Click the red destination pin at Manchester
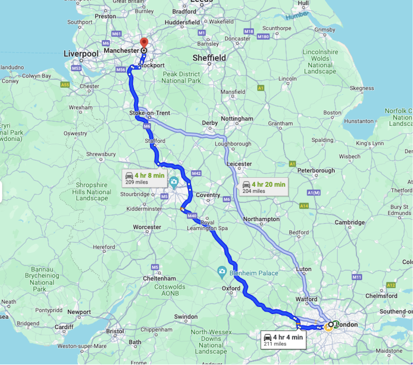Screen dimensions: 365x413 (144, 43)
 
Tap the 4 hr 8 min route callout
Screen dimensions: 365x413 (144, 178)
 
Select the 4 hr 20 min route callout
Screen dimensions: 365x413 (264, 187)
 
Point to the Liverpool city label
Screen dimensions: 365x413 (81, 54)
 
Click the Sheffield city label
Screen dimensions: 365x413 (209, 58)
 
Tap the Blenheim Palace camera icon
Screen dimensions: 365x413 (221, 271)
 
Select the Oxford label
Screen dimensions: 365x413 (231, 289)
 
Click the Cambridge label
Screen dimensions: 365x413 (350, 223)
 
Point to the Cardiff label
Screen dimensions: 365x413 (64, 327)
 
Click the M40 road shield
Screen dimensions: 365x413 (192, 216)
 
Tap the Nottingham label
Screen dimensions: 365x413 (237, 119)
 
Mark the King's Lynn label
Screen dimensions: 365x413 (368, 143)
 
